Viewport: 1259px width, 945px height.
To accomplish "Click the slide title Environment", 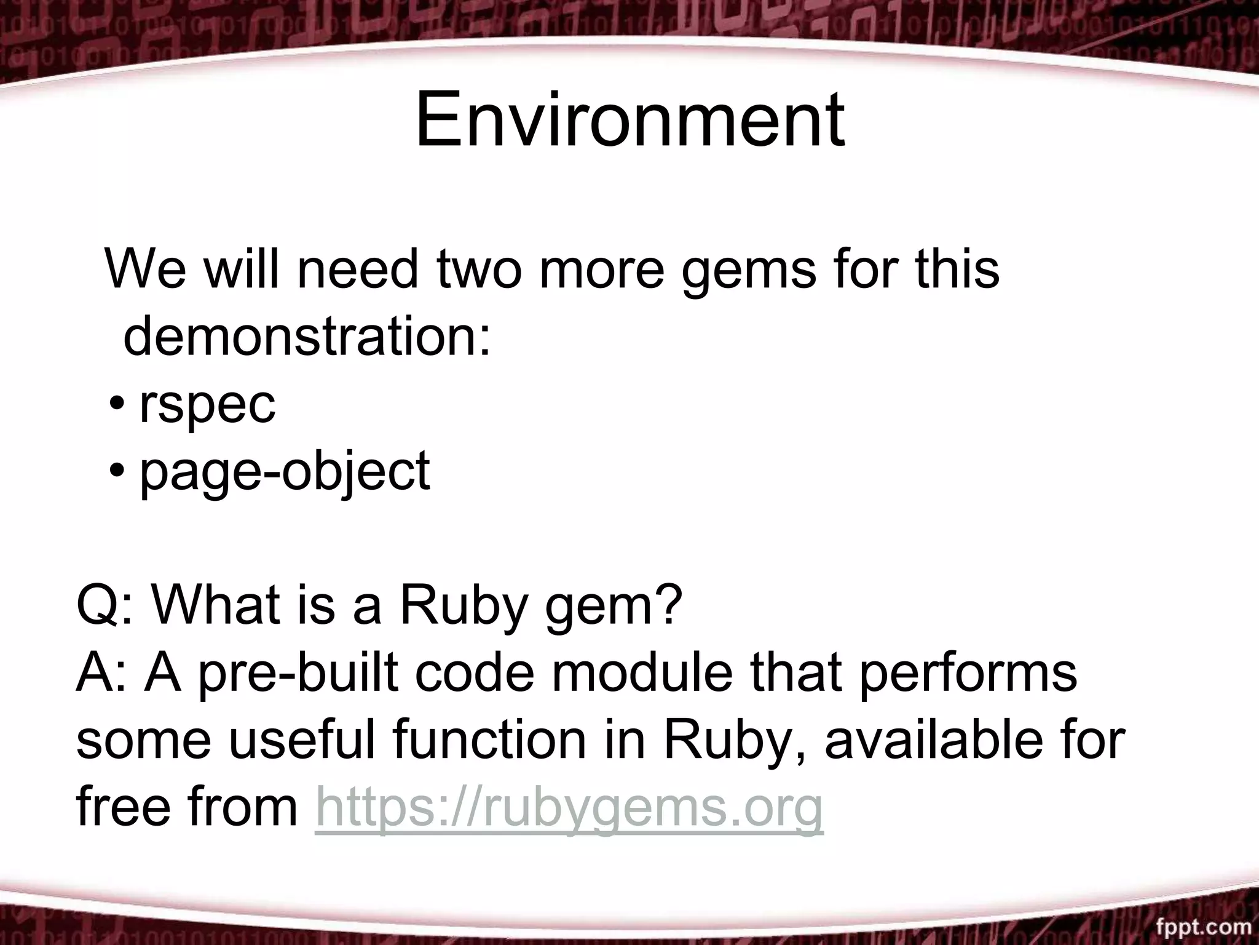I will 629,119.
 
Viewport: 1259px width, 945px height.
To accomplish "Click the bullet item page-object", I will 285,471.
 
